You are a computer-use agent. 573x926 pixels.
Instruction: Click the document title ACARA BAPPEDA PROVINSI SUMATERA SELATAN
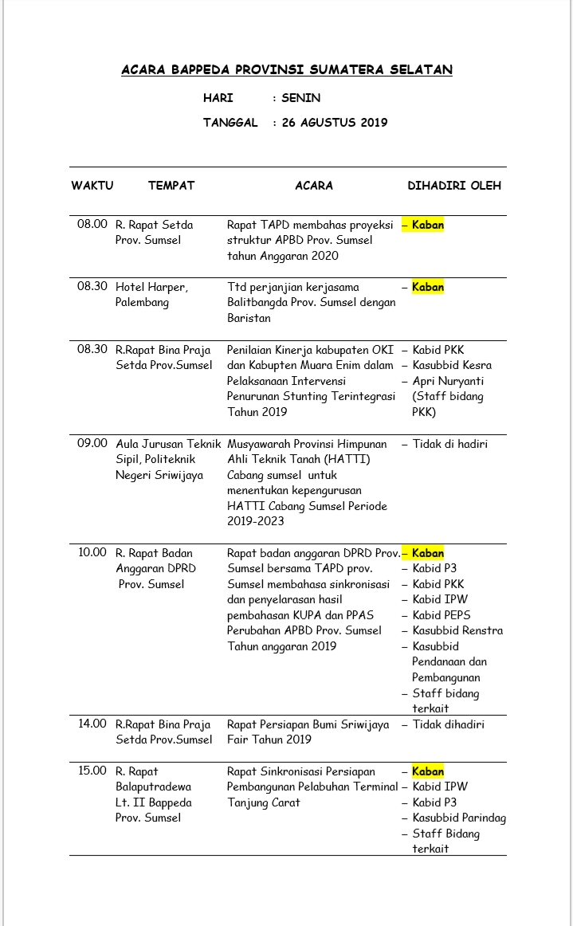pyautogui.click(x=287, y=70)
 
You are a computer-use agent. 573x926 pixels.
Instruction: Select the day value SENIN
pyautogui.click(x=300, y=98)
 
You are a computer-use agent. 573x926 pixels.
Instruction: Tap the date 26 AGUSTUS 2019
pyautogui.click(x=335, y=123)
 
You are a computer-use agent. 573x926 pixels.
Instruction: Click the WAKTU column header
pyautogui.click(x=92, y=186)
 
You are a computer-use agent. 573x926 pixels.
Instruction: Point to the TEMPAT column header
pyautogui.click(x=171, y=186)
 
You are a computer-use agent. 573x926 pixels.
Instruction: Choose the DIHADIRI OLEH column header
pyautogui.click(x=454, y=186)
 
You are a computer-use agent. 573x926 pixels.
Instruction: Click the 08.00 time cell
pyautogui.click(x=92, y=225)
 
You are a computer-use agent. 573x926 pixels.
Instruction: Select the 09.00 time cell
pyautogui.click(x=92, y=444)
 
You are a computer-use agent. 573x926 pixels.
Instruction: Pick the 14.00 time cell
pyautogui.click(x=92, y=724)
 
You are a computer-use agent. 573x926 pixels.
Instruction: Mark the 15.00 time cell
pyautogui.click(x=92, y=771)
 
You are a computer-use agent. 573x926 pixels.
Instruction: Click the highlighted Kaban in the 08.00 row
pyautogui.click(x=428, y=225)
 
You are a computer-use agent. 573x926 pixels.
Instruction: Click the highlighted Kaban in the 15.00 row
pyautogui.click(x=428, y=771)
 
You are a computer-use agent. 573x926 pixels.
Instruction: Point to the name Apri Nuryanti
pyautogui.click(x=448, y=381)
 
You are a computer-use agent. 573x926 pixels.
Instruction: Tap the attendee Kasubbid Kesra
pyautogui.click(x=452, y=365)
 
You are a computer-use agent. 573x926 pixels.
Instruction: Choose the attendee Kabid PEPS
pyautogui.click(x=442, y=615)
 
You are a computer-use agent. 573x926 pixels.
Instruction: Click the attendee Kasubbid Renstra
pyautogui.click(x=457, y=630)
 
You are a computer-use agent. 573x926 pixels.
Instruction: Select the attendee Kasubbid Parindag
pyautogui.click(x=459, y=818)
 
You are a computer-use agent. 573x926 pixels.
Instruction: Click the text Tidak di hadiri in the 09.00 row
pyautogui.click(x=450, y=444)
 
